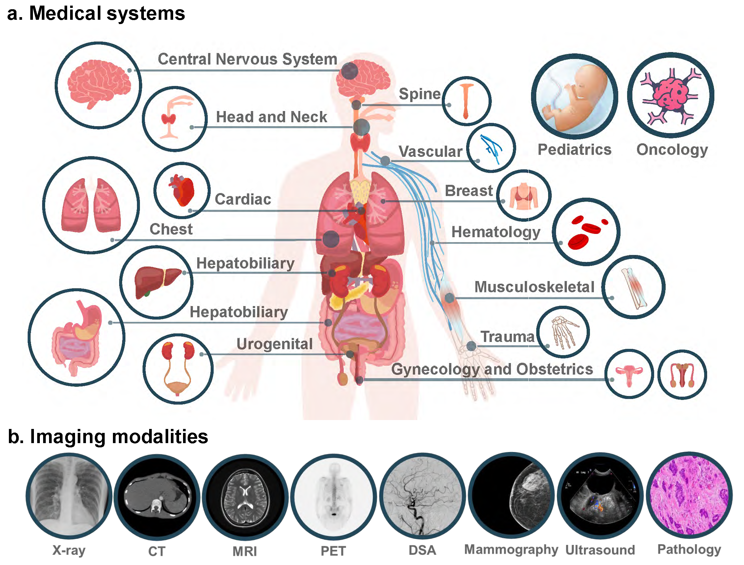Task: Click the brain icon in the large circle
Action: pos(98,85)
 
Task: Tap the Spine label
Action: pos(419,94)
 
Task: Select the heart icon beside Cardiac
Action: pos(182,190)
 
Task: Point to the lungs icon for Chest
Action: pos(91,205)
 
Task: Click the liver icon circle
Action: pos(156,282)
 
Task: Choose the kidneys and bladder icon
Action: pos(178,369)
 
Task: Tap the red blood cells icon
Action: pos(586,232)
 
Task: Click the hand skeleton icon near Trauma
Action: pos(563,332)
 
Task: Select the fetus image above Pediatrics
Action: pos(574,97)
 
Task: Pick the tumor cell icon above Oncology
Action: pos(670,95)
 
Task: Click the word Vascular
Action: pos(431,152)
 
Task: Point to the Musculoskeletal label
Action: pos(534,287)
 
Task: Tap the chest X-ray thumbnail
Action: pos(69,496)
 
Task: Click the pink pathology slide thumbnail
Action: pos(689,495)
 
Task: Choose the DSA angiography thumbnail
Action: pos(422,496)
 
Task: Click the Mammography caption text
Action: pos(511,550)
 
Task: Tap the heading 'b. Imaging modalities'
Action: pos(108,437)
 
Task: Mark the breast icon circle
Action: pos(524,195)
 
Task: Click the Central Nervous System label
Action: pos(248,59)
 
